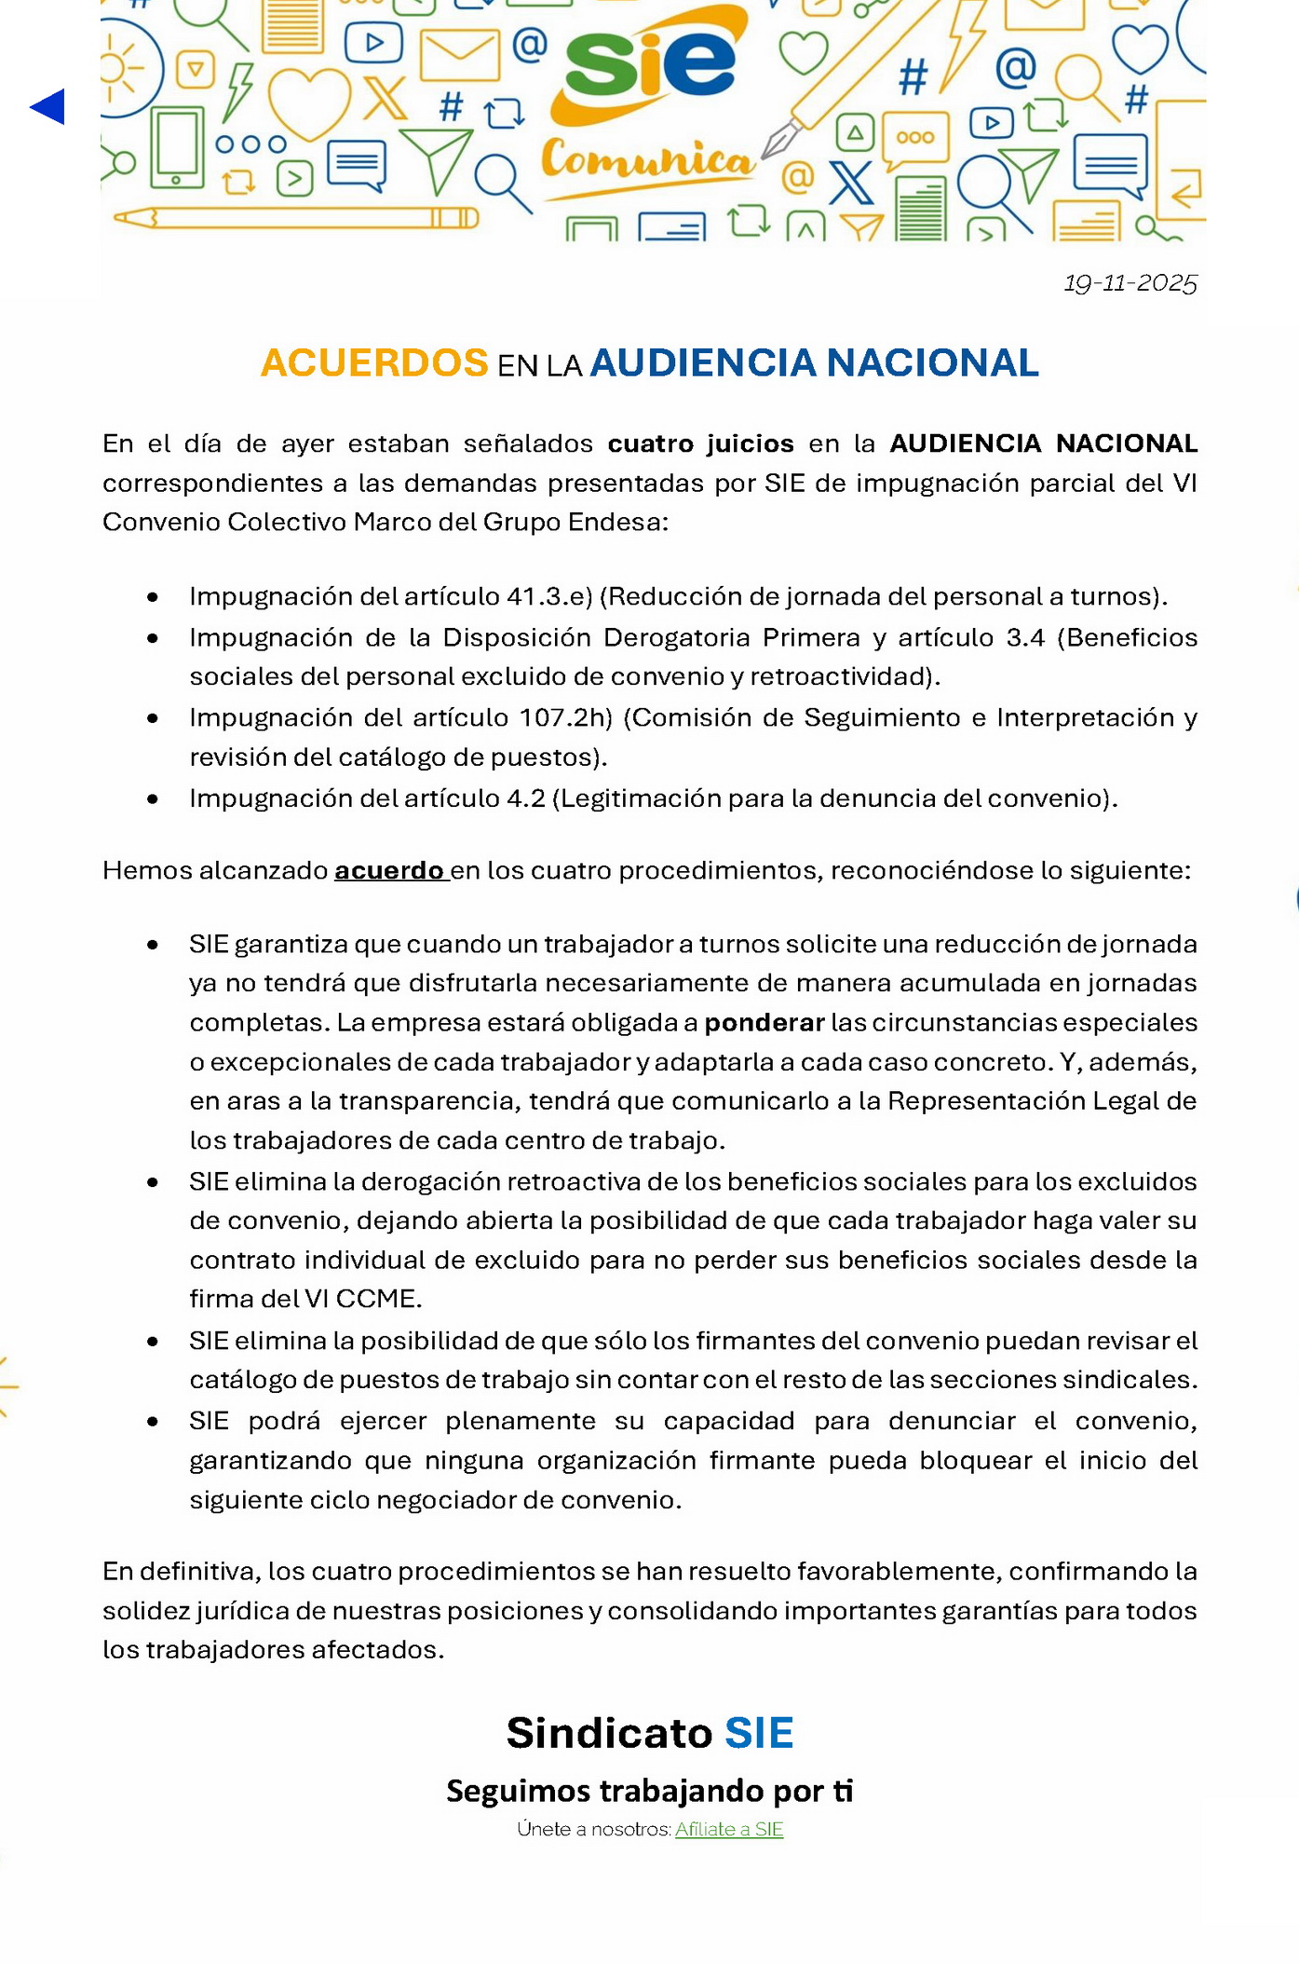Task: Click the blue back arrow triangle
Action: (x=48, y=107)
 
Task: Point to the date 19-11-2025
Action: (x=1130, y=283)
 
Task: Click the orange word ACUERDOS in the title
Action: (x=374, y=362)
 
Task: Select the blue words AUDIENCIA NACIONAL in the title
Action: (x=814, y=362)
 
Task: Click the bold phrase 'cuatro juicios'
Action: (x=700, y=443)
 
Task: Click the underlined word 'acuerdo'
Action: (x=389, y=870)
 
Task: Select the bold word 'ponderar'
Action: (x=764, y=1023)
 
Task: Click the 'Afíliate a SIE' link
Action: (x=729, y=1829)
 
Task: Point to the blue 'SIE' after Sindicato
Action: (x=759, y=1733)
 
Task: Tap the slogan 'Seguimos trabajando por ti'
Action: (x=649, y=1791)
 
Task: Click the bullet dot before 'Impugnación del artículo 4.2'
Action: (x=153, y=799)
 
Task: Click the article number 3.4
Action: (x=1025, y=637)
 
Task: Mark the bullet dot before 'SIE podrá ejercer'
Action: (x=153, y=1422)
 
